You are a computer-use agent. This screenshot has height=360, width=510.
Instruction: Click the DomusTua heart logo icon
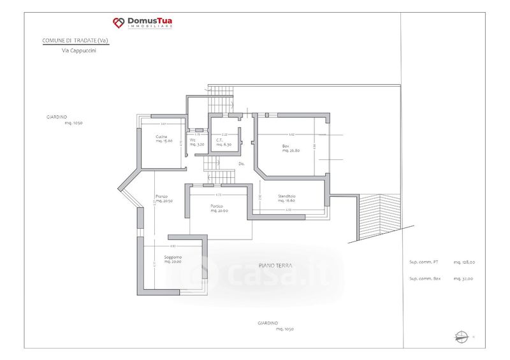[119, 24]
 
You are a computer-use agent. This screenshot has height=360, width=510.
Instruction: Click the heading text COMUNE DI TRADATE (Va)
[75, 41]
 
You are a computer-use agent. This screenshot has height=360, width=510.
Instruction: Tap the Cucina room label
[161, 137]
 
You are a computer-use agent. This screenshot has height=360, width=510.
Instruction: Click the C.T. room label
[219, 140]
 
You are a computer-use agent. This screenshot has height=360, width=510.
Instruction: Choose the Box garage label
[286, 146]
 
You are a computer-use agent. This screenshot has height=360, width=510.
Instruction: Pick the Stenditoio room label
[287, 196]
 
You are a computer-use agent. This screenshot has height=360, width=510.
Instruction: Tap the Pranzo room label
[161, 196]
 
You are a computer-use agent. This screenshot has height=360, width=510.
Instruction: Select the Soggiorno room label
[172, 257]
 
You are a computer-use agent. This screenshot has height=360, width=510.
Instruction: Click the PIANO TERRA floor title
[275, 265]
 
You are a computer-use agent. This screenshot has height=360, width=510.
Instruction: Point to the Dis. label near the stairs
[242, 164]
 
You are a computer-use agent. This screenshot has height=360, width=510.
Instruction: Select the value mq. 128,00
[464, 262]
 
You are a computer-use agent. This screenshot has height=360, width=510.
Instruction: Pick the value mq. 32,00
[463, 278]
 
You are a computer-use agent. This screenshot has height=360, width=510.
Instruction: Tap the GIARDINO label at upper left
[57, 117]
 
